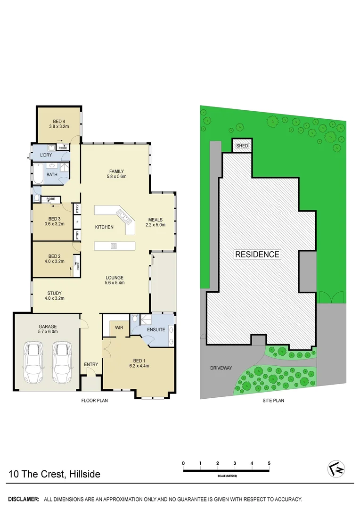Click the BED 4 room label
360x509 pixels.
coord(59,123)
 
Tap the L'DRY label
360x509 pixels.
coord(46,155)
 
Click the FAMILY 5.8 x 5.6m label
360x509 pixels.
coord(117,173)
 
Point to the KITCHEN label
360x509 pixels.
coord(104,227)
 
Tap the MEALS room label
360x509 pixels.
coord(155,222)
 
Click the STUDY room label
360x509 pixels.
coord(54,296)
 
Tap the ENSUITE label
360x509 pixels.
coord(156,329)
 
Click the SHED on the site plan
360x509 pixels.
coord(242,146)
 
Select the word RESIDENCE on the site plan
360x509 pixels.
coord(257,254)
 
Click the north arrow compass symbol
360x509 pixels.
coord(335,468)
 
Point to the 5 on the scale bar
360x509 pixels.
coord(269,463)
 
